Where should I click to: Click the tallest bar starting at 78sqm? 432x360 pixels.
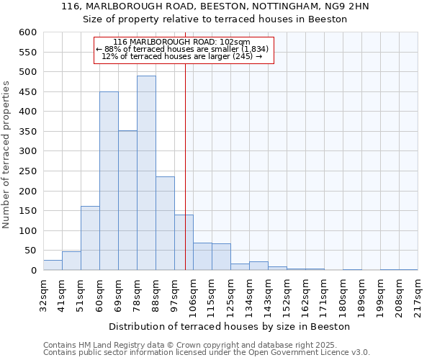click(x=146, y=173)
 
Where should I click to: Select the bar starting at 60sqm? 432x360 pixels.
click(x=109, y=181)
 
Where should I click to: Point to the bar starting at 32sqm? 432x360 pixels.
click(x=53, y=265)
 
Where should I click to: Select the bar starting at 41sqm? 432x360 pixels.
click(x=71, y=261)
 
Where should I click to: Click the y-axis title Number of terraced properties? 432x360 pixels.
click(x=7, y=155)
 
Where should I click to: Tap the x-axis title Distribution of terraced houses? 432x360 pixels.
click(x=230, y=326)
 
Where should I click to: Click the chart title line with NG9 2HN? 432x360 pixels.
click(x=215, y=6)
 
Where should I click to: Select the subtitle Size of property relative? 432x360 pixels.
click(x=215, y=19)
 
